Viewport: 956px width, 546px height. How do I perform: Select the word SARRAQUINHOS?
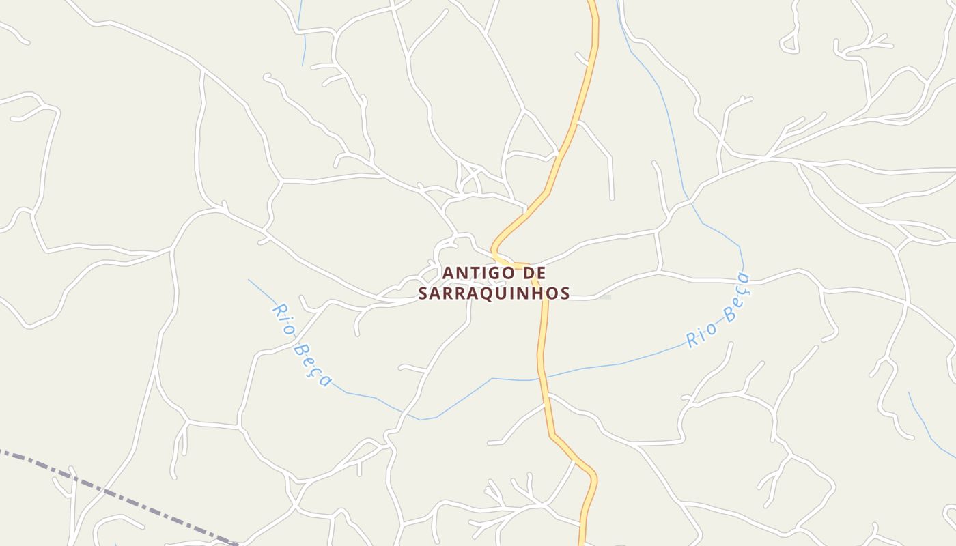point(494,293)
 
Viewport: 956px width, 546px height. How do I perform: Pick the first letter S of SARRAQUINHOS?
point(423,293)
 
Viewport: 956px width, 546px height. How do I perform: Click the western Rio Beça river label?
point(301,345)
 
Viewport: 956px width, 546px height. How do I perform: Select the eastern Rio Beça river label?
point(718,311)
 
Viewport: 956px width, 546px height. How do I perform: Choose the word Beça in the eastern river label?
point(736,296)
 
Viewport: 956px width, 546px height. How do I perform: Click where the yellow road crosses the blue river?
point(542,377)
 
